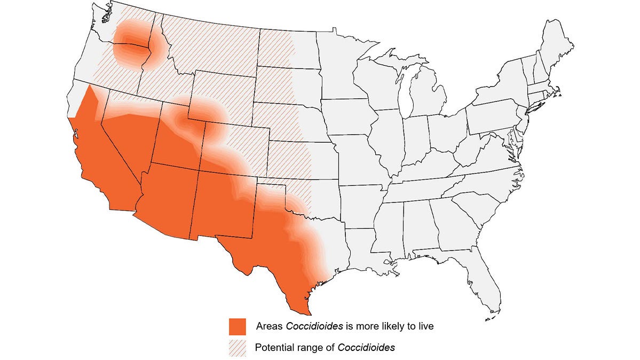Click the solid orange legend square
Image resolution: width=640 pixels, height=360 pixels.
(237, 326)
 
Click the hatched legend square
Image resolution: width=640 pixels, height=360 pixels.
(237, 348)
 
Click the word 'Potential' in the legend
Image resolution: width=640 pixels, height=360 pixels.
(273, 348)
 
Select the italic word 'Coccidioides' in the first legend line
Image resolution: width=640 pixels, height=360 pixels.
(303, 326)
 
